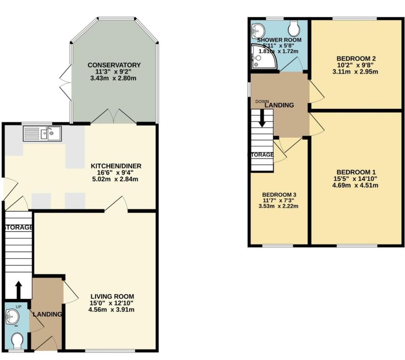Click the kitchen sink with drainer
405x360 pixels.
coord(42,134)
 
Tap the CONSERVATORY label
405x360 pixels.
coord(114,65)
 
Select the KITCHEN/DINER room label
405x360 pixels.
coord(116,166)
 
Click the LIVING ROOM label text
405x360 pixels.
coord(112,296)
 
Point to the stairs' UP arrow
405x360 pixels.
coord(19,290)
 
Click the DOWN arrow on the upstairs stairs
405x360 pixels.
coord(262,119)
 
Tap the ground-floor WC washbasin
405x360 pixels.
coord(12,316)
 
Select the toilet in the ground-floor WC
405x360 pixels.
coord(18,341)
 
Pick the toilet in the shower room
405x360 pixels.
coord(294,28)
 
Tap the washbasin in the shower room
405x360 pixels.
coord(258,30)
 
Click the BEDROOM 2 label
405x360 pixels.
coord(356,59)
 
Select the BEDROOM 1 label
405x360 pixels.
coord(356,172)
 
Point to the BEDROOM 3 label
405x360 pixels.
coord(279,195)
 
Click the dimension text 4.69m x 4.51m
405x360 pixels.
coord(355,185)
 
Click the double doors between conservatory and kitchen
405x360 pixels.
coord(114,116)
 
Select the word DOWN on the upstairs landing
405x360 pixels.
coord(262,102)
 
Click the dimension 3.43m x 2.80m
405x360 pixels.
coord(114,78)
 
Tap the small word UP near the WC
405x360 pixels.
coord(19,307)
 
